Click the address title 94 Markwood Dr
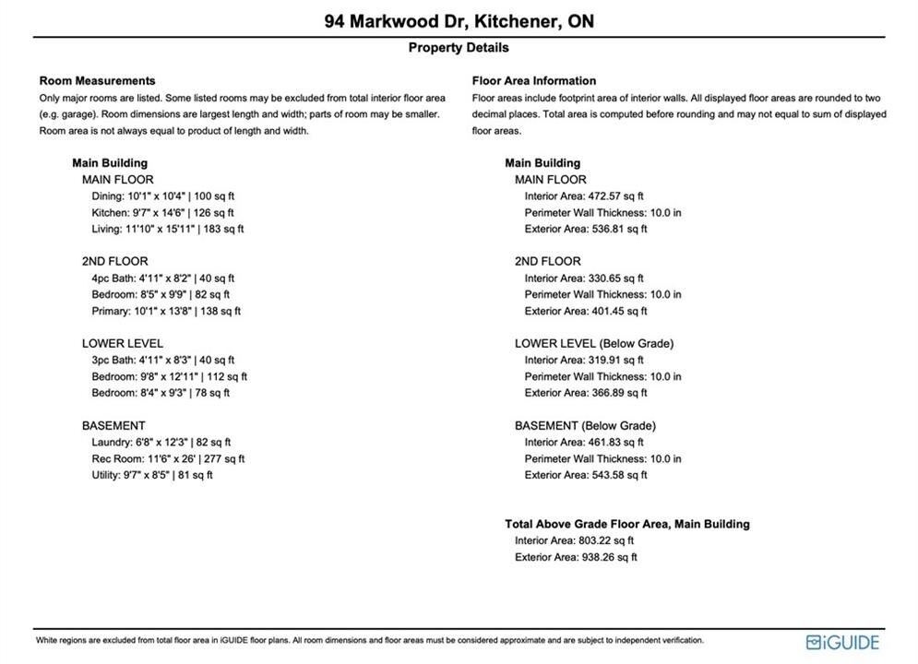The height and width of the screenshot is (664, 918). coord(459,20)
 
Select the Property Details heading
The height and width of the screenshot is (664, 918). coord(459,48)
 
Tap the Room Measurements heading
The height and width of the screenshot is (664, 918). coord(97,81)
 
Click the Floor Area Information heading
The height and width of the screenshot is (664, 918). coord(533,81)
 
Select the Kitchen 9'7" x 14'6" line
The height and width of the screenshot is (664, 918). coord(162,213)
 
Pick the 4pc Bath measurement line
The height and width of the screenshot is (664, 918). coord(162,279)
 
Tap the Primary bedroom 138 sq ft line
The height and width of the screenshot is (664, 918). coord(165,312)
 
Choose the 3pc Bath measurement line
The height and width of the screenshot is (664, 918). coord(162,361)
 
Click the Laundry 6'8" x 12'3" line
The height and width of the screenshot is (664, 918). coord(161,443)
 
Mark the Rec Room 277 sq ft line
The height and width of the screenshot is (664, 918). coord(167,459)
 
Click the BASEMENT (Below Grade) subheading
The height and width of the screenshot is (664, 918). coord(585,426)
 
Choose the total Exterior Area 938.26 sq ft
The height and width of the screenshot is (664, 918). coord(576,558)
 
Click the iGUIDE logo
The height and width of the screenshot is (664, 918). coord(841,642)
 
